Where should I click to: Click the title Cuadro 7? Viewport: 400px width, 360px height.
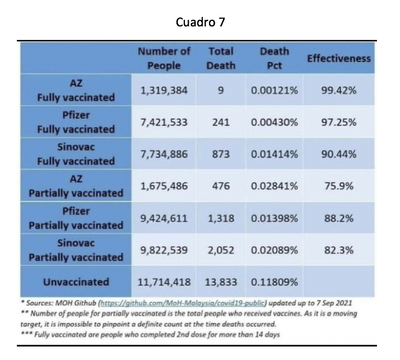click(200, 22)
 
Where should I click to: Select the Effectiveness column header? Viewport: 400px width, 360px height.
click(339, 58)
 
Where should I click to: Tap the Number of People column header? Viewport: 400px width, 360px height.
click(164, 58)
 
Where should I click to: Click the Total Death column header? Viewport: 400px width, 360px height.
click(221, 58)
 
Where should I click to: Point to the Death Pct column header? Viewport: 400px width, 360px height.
click(275, 58)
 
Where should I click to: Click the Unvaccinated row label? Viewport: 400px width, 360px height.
click(76, 282)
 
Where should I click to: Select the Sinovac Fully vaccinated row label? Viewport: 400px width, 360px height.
click(76, 154)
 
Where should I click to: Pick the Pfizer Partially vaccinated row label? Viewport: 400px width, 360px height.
click(76, 218)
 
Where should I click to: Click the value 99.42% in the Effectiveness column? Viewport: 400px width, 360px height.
click(339, 91)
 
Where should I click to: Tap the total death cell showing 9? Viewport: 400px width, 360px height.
click(221, 91)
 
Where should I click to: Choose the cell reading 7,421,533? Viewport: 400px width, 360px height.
click(164, 123)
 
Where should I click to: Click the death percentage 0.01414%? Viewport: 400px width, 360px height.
click(275, 154)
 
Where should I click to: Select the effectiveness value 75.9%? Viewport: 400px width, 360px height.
click(339, 186)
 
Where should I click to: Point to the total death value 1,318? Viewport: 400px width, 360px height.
click(221, 218)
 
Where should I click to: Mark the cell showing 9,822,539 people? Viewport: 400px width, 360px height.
click(164, 250)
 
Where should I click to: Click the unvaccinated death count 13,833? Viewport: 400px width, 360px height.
click(221, 282)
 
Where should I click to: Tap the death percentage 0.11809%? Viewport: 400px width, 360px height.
click(275, 282)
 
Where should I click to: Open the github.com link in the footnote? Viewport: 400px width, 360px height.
click(183, 303)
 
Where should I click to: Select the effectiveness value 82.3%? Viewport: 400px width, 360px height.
click(339, 250)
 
